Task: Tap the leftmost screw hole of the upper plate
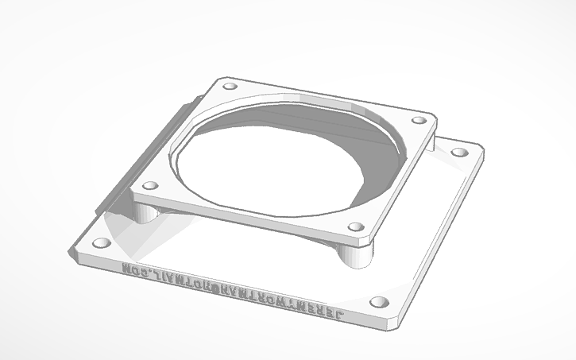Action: tap(147, 187)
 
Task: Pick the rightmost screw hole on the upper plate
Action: tap(417, 120)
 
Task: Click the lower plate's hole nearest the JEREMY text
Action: tap(379, 302)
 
